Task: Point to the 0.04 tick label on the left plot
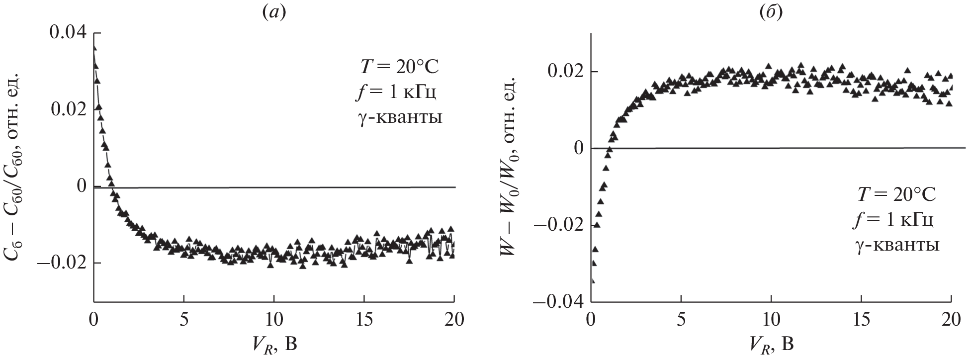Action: [68, 33]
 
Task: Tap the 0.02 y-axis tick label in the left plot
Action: [68, 109]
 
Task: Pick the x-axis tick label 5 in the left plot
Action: [184, 320]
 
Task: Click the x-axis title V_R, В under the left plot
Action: [274, 344]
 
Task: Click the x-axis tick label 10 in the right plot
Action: [771, 320]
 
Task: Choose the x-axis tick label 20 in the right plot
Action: [950, 320]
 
